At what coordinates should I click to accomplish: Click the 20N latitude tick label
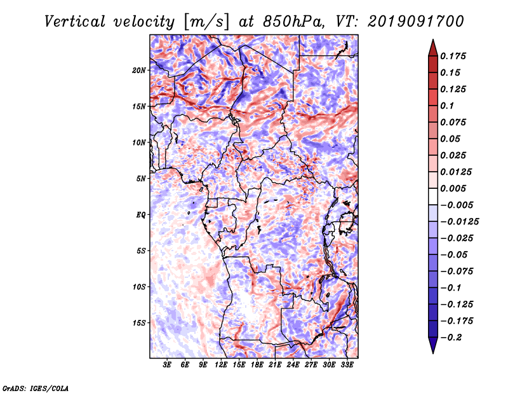click(139, 71)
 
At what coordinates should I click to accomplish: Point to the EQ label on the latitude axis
click(140, 215)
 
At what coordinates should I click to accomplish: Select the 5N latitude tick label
click(141, 179)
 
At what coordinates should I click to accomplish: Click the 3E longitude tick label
click(167, 365)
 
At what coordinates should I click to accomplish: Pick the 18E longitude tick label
click(257, 365)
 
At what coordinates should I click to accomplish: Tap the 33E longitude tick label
click(347, 365)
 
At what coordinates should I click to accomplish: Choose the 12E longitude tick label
click(221, 365)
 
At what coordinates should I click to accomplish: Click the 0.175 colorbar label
click(453, 56)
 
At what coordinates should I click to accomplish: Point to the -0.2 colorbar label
click(451, 338)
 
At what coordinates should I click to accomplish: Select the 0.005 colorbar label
click(453, 188)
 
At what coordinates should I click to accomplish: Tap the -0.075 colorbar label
click(457, 272)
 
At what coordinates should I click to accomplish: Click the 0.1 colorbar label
click(447, 106)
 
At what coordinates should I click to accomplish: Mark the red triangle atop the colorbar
click(433, 48)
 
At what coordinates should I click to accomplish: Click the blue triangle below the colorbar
click(433, 345)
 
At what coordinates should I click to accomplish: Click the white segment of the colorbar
click(433, 197)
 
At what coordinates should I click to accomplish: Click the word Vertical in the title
click(75, 22)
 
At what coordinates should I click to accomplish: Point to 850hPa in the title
click(293, 22)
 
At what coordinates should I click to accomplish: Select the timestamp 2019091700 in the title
click(416, 22)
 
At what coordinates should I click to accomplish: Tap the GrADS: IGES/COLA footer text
click(36, 388)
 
